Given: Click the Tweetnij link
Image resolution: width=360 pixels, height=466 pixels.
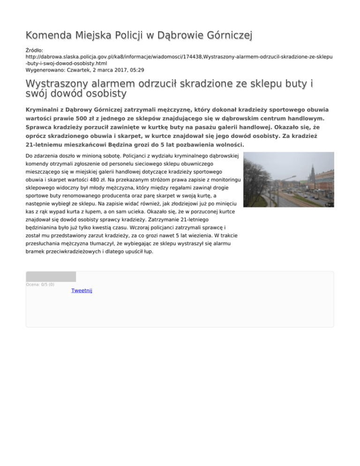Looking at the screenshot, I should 82,291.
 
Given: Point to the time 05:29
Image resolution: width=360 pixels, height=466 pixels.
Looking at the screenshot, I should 136,69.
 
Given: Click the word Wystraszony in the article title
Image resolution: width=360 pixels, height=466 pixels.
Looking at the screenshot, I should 65,84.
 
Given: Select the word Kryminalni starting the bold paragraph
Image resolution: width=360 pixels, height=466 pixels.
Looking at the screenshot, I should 44,109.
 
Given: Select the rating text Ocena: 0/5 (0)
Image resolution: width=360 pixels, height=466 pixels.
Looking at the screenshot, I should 40,284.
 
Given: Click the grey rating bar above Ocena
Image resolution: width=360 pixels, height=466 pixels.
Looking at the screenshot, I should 51,277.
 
